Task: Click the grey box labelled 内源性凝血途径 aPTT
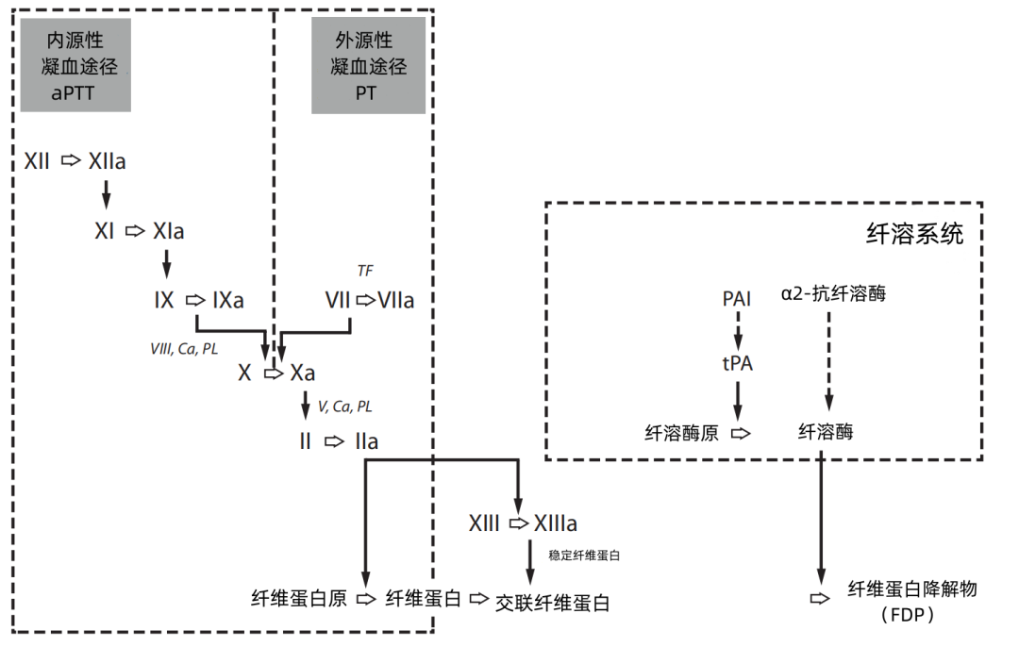tap(75, 66)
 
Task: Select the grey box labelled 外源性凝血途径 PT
tap(368, 66)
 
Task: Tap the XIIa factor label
tap(108, 162)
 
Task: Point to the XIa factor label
tap(168, 231)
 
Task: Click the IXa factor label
tap(228, 301)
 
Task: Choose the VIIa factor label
tap(395, 301)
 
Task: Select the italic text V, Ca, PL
tap(344, 406)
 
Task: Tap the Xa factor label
tap(303, 373)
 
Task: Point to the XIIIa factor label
tap(556, 523)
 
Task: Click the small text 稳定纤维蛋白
tap(584, 556)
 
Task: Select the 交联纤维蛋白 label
tap(553, 603)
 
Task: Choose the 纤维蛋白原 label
tap(300, 599)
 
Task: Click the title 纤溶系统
tap(914, 234)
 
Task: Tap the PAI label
tap(737, 299)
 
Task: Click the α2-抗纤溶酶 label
tap(833, 294)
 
